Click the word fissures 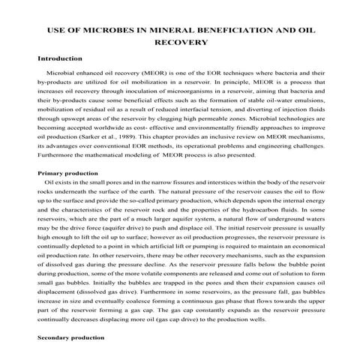166,183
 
